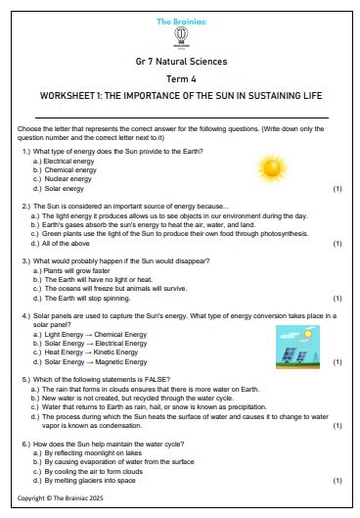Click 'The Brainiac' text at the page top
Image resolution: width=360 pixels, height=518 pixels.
click(x=179, y=20)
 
